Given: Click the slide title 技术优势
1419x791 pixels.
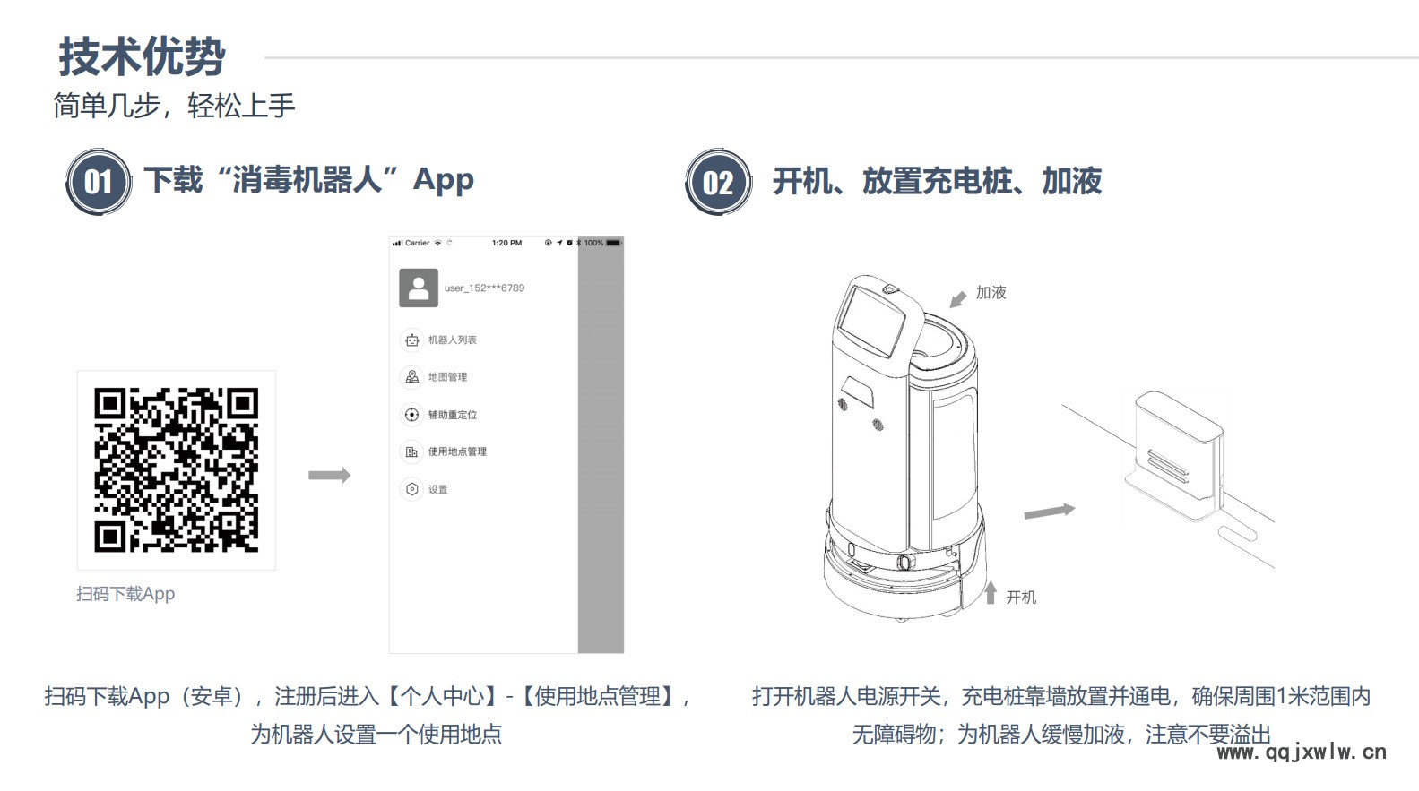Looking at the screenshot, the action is [142, 56].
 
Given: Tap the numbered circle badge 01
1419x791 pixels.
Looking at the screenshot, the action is [99, 183].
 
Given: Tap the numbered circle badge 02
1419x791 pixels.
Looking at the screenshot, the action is [718, 183].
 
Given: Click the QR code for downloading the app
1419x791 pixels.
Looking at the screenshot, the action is [176, 470].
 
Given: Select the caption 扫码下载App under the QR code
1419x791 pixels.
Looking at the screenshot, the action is [125, 594].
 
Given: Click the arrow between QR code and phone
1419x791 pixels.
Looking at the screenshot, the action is [329, 475].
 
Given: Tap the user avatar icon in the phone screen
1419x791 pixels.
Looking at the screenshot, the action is [418, 288].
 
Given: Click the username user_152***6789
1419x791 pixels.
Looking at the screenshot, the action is [485, 288].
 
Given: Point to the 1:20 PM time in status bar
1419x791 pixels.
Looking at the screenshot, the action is [506, 243].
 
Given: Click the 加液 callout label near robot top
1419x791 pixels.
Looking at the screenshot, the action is [991, 293].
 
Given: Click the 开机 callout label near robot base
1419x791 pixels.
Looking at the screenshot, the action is [1021, 598].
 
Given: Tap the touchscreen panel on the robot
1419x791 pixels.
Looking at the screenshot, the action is [871, 321].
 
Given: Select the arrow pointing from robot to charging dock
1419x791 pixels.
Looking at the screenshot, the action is [1050, 512].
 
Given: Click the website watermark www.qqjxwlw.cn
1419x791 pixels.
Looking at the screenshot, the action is [1302, 752].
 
